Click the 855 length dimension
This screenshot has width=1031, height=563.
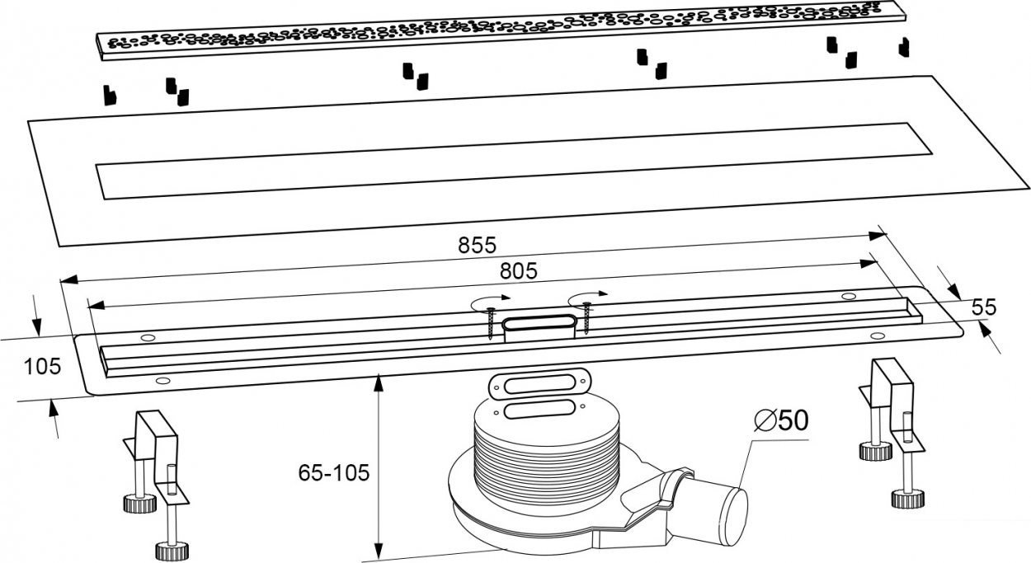(x=478, y=245)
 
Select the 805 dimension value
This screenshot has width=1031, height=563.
(x=519, y=271)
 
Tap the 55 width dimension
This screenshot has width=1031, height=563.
(x=984, y=307)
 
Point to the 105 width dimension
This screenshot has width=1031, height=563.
(x=42, y=367)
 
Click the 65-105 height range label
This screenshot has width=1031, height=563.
(x=334, y=472)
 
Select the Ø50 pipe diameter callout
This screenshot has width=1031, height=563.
(x=781, y=420)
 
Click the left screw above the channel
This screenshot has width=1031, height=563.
(x=491, y=323)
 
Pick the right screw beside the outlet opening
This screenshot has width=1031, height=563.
(x=587, y=317)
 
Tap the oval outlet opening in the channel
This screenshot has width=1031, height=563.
(x=539, y=323)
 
